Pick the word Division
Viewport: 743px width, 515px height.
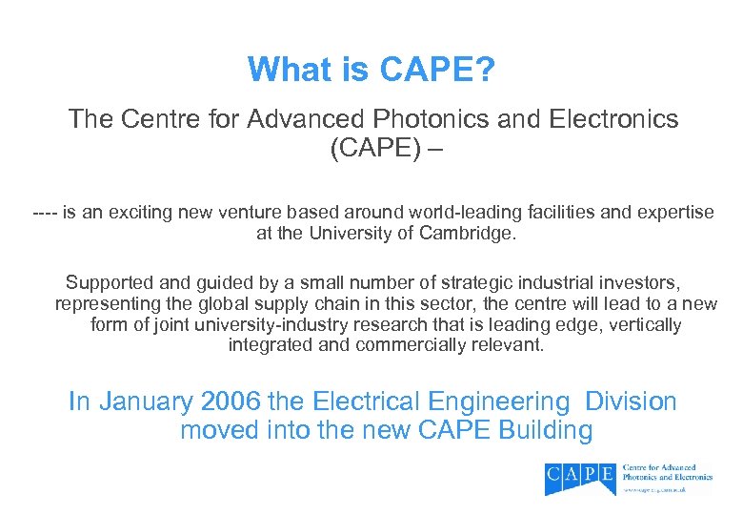[x=631, y=402]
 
